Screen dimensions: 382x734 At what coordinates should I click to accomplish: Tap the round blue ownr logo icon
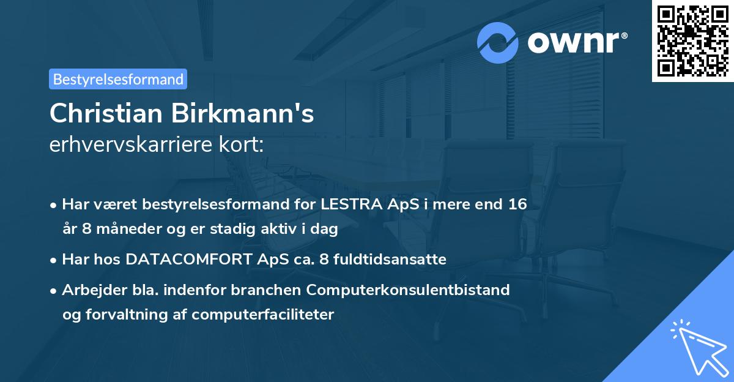tap(498, 42)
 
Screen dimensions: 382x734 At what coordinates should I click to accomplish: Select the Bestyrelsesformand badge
tap(118, 79)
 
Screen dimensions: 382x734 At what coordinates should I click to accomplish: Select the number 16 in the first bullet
tap(514, 204)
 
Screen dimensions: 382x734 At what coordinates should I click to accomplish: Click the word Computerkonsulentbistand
tap(416, 290)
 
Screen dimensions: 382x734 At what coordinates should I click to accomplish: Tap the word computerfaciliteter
tap(263, 315)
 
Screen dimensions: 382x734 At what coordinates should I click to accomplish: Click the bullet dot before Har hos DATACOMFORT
tap(54, 260)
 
